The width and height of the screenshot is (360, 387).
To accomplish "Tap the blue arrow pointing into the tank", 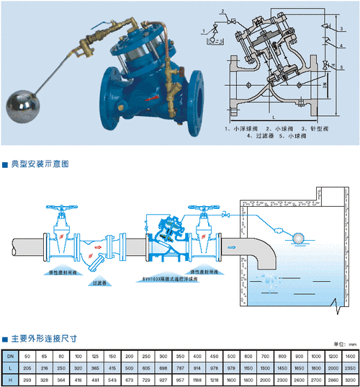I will click(x=232, y=246).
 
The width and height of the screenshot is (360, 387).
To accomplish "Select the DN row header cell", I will click(x=10, y=356).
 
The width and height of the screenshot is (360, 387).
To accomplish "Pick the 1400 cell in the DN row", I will click(x=350, y=356).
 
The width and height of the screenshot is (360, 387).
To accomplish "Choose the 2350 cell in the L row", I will click(x=350, y=367).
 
